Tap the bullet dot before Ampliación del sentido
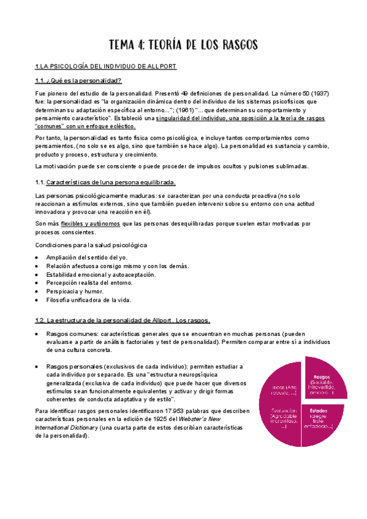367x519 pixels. tap(38, 258)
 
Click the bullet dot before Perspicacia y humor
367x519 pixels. tap(38, 292)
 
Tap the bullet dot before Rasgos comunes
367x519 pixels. tap(38, 334)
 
